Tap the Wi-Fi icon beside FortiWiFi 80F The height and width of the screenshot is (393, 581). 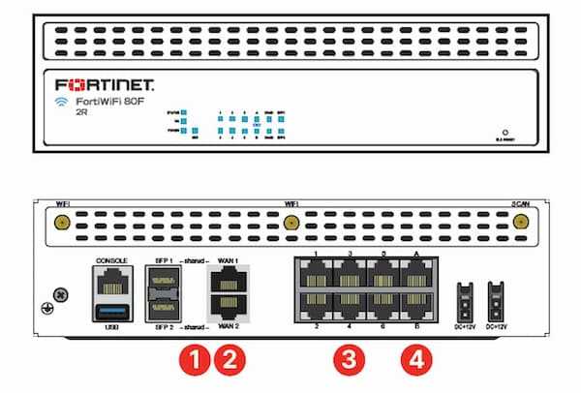pos(60,100)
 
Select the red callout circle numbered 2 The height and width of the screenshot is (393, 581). pos(229,359)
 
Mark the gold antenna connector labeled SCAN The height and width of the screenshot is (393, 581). pos(519,222)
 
